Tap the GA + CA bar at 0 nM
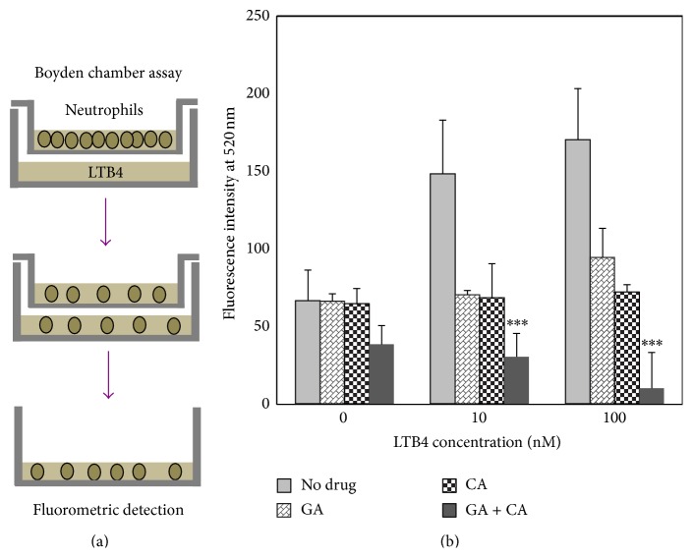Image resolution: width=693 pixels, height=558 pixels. [380, 374]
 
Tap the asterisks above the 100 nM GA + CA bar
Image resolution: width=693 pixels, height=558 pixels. [653, 344]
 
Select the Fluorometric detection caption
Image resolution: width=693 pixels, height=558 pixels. [108, 510]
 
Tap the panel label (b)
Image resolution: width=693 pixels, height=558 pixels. [478, 539]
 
